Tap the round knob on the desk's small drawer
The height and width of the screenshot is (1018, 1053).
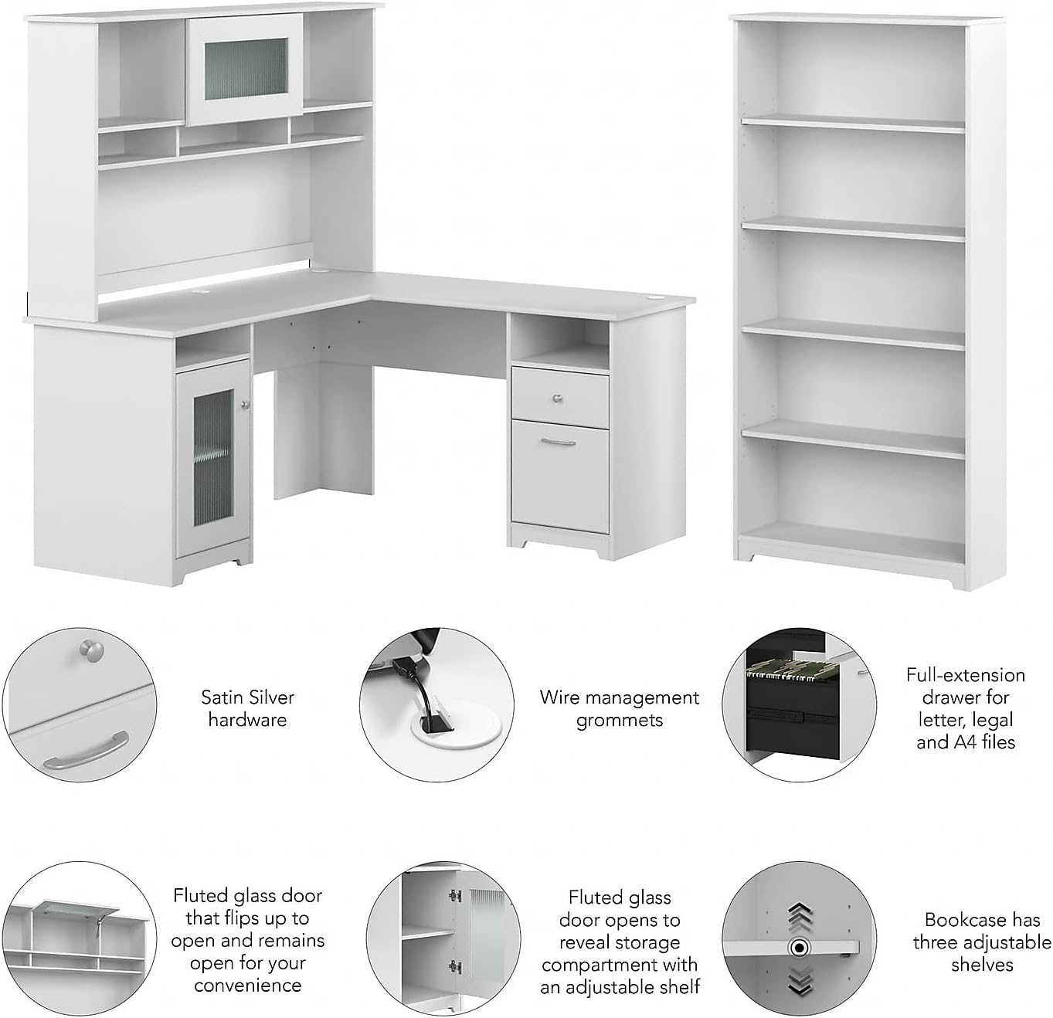(558, 399)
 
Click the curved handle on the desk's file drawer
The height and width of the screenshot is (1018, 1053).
(558, 443)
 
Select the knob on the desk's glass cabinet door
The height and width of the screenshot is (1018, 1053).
(246, 405)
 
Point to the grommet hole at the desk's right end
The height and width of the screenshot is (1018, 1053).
(655, 297)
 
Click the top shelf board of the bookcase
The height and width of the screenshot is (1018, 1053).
(853, 124)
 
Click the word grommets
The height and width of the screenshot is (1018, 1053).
(620, 721)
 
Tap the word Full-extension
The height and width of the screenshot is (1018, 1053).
(966, 674)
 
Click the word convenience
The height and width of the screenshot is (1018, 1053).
(248, 985)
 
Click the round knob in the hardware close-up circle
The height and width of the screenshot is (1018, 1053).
(89, 649)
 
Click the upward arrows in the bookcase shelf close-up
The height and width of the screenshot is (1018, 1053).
(799, 915)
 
